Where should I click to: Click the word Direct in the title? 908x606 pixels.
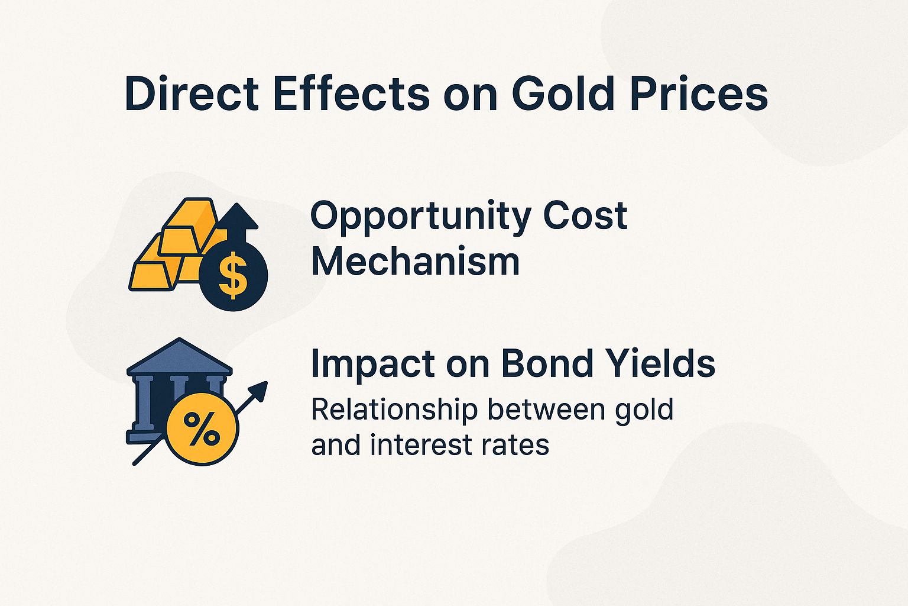[x=192, y=94]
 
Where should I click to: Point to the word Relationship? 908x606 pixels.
[x=394, y=410]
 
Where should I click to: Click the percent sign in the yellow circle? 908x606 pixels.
[x=202, y=428]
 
